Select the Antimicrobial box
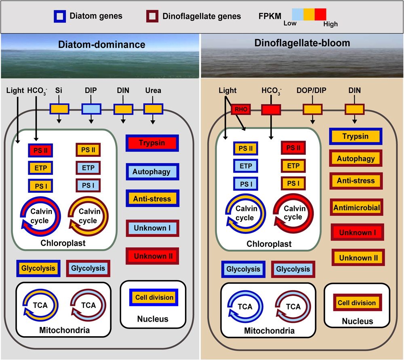[x=356, y=207]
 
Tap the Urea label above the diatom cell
[x=153, y=91]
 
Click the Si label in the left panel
[x=59, y=91]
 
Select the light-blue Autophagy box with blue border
[x=152, y=172]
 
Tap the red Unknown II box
[x=152, y=256]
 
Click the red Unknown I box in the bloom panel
[x=357, y=232]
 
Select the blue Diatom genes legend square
[x=59, y=17]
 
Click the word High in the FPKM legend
[x=330, y=24]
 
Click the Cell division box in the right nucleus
[x=357, y=303]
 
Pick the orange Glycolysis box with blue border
[x=38, y=268]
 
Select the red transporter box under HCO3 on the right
[x=271, y=109]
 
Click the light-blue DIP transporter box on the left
[x=91, y=109]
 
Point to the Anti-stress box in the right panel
[x=356, y=181]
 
